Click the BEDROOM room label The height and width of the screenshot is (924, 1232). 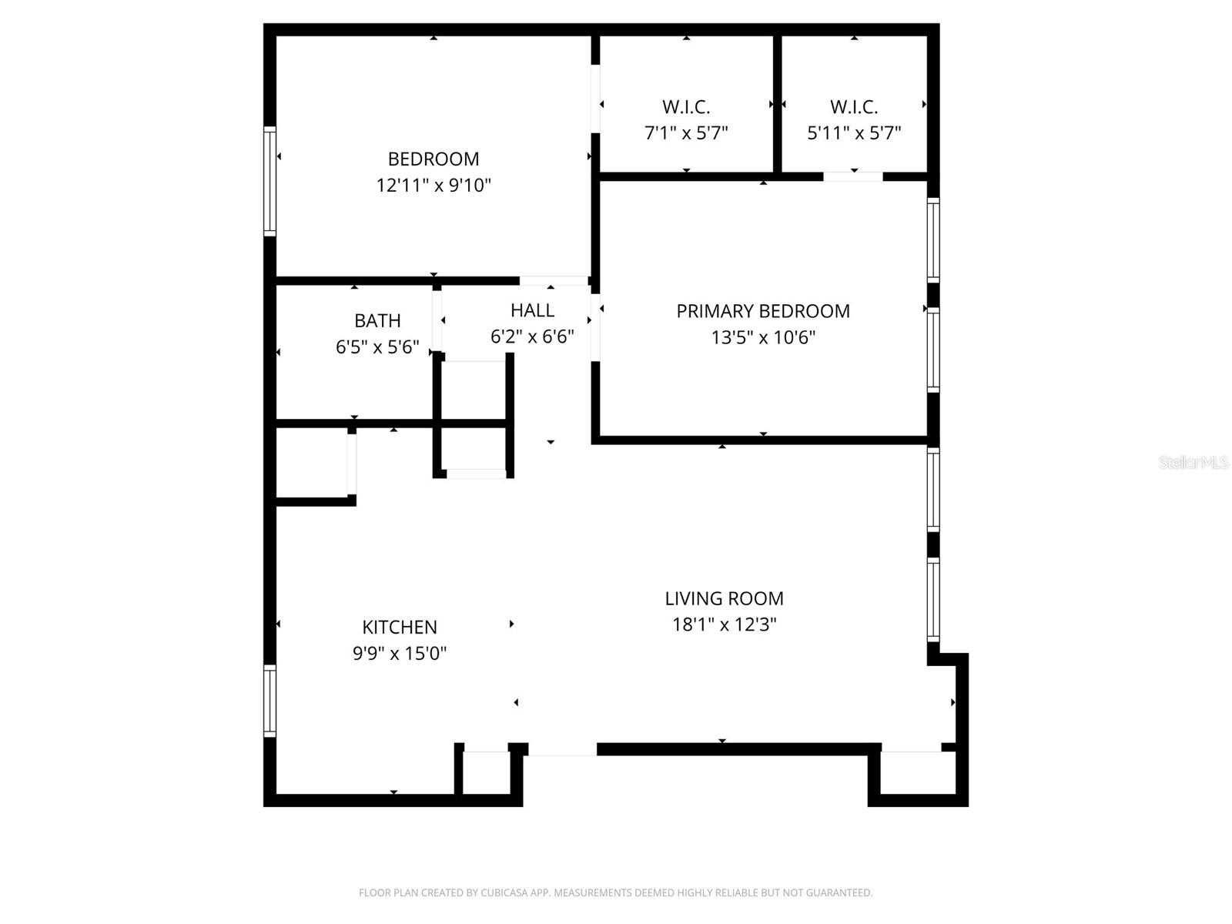tap(433, 159)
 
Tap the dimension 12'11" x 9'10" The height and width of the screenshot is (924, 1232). tap(433, 186)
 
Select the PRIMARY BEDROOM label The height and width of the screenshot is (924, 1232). tap(762, 311)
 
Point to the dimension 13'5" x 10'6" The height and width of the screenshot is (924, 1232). tap(762, 337)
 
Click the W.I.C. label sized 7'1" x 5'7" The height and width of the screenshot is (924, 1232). tap(685, 107)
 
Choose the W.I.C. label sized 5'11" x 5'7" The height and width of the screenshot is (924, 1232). tap(853, 107)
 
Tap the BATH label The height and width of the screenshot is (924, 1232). tap(377, 320)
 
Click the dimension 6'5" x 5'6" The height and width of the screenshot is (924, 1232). tap(377, 347)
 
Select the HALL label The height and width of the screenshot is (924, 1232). tap(532, 310)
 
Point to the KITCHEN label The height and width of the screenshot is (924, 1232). tap(400, 627)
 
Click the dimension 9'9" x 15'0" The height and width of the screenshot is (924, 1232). tap(400, 654)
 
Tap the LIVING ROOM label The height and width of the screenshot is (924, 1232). tap(724, 598)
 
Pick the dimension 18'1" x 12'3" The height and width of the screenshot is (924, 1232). tap(724, 624)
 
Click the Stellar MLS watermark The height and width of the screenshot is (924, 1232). tap(1193, 462)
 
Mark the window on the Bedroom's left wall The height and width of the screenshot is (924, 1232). tap(269, 181)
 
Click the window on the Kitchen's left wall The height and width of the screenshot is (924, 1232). tap(269, 701)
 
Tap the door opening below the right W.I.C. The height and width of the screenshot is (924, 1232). tap(852, 177)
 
